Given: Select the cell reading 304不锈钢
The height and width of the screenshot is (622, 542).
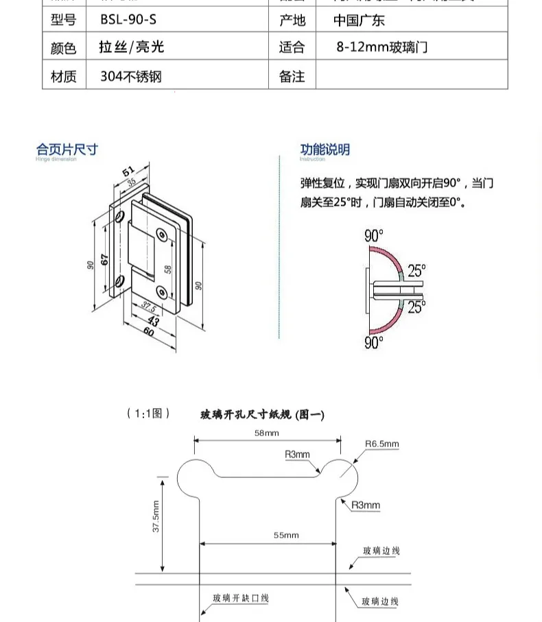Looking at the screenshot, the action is point(131,76).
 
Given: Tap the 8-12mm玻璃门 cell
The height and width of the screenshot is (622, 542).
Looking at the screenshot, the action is point(382,47).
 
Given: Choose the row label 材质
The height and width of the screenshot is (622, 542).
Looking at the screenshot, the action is point(64,76).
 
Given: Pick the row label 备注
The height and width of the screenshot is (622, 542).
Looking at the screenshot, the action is point(292,76).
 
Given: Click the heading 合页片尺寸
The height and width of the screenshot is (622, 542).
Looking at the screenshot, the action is point(67,149).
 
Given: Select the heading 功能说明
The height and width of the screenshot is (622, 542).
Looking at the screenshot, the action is point(325,149).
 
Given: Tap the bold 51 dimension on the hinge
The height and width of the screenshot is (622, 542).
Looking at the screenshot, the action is point(128,171).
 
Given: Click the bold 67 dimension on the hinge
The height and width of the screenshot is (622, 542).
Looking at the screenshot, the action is point(105,260).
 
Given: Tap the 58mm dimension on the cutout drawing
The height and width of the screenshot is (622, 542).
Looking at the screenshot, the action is point(266,433).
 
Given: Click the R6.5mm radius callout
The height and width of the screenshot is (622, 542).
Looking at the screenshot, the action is point(381,444).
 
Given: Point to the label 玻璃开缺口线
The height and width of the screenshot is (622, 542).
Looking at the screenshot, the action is point(240,599).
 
